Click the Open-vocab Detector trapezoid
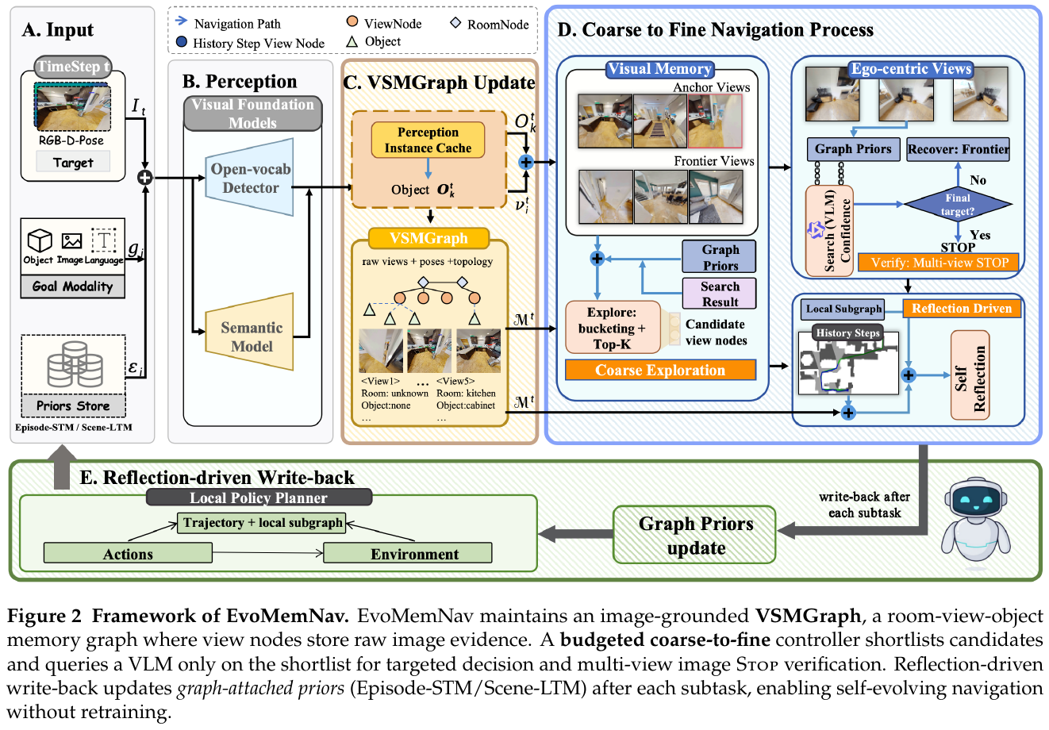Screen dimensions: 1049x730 point(250,178)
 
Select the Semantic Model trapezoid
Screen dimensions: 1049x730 point(250,332)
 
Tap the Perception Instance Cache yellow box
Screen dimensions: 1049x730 point(428,140)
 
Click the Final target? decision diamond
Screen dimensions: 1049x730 point(958,205)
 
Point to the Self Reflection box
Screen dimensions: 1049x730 point(970,375)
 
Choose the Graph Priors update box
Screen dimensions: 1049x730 point(695,535)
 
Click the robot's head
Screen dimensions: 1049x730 point(975,499)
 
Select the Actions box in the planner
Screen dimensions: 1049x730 point(128,553)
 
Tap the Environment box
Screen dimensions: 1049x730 point(407,553)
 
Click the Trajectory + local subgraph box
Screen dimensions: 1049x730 point(262,523)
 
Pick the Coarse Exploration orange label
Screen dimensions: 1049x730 point(660,370)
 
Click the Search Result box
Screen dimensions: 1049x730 point(720,294)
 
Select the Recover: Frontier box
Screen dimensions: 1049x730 point(959,149)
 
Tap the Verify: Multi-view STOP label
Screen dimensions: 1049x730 point(939,262)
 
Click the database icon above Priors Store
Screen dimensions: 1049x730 point(75,364)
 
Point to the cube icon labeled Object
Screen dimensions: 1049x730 point(40,240)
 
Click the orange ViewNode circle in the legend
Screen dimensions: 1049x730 point(352,21)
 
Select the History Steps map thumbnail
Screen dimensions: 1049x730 point(848,363)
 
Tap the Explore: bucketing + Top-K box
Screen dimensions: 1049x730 point(613,328)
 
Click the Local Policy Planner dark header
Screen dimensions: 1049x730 point(259,498)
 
